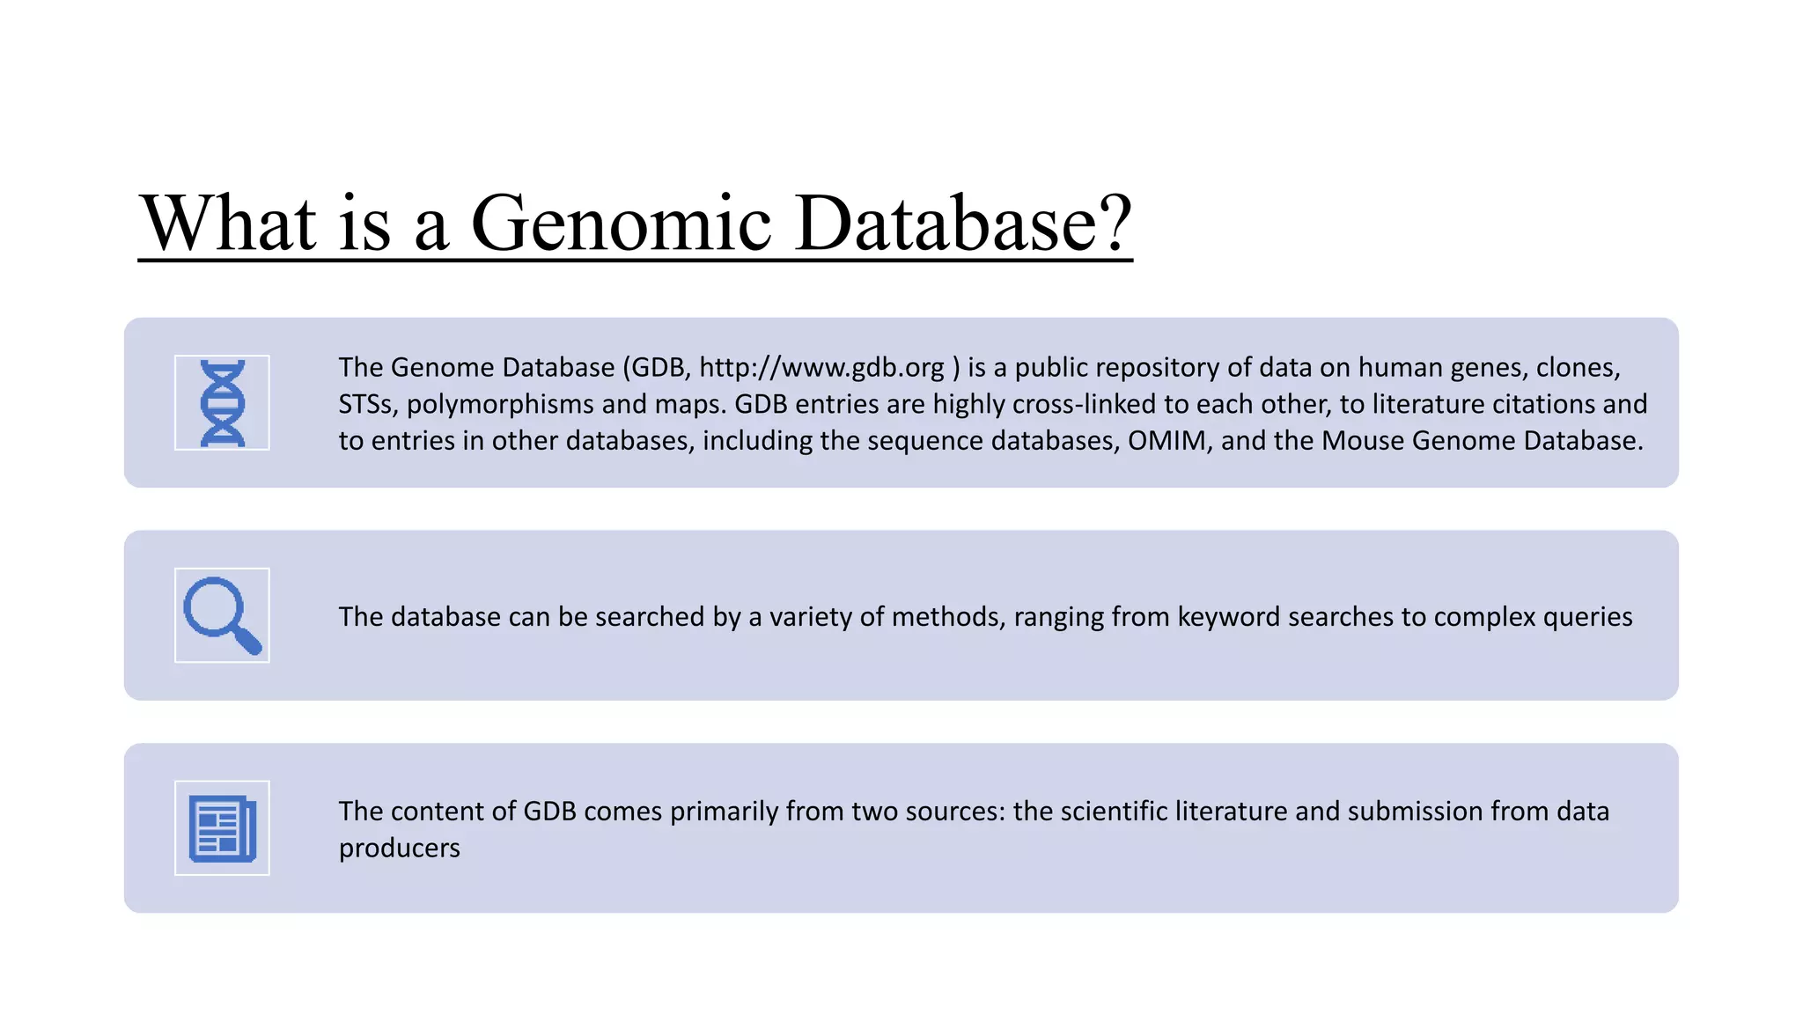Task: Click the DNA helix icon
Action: click(222, 403)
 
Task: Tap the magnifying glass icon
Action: click(222, 615)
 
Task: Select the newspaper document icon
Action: click(222, 828)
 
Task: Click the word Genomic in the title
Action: click(622, 224)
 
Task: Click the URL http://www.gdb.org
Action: click(821, 367)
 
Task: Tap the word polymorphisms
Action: click(500, 404)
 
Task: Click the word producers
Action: click(399, 848)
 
